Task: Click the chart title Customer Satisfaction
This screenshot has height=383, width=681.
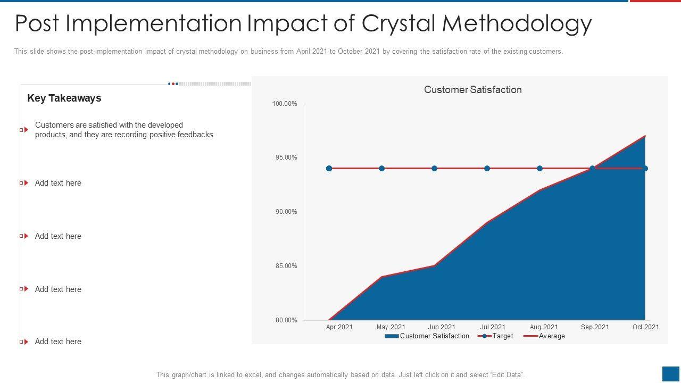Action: pos(472,90)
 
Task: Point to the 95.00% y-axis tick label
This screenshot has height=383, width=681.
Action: pos(286,157)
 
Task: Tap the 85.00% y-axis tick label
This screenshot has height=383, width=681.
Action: pos(286,266)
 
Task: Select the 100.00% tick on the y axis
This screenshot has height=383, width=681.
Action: pos(285,104)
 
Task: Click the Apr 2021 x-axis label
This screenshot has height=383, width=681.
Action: pos(339,327)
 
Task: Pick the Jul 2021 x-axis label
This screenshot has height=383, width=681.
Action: pos(493,327)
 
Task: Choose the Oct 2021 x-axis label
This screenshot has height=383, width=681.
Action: pos(645,327)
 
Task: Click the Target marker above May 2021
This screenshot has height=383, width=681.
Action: pos(381,169)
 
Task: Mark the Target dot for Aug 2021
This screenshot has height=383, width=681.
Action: pos(539,169)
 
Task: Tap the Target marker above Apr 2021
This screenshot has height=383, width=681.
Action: pos(329,169)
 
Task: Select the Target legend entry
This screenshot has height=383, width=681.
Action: pos(496,336)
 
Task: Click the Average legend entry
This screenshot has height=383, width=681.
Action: pos(545,336)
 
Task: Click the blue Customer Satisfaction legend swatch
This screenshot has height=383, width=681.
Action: pos(391,336)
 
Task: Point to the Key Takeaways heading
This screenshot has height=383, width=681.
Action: pos(64,98)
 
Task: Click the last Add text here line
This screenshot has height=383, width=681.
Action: pos(58,342)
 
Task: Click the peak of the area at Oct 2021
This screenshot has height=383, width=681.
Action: pos(645,136)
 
